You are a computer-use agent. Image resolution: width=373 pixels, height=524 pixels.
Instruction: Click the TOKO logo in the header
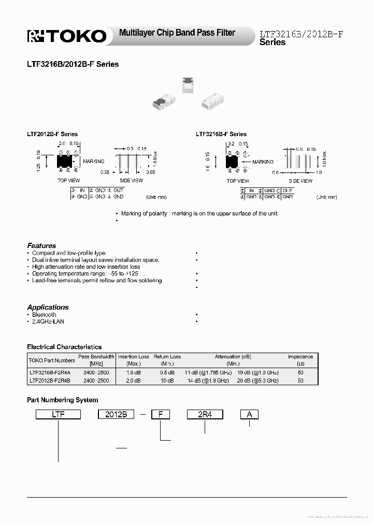[x=67, y=36]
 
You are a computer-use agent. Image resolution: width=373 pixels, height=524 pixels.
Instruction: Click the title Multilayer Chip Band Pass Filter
[x=177, y=33]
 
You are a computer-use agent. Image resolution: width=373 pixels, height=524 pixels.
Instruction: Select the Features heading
[x=41, y=245]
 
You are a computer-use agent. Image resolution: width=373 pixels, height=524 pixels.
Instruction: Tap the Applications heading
[x=48, y=307]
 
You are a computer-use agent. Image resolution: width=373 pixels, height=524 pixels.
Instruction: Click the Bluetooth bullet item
[x=44, y=315]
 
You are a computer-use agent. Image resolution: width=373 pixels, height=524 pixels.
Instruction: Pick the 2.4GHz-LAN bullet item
[x=48, y=322]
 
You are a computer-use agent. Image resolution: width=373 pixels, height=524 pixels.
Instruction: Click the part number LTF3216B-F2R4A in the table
[x=50, y=373]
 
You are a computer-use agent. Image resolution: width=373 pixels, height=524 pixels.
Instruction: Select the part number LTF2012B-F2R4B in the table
[x=50, y=381]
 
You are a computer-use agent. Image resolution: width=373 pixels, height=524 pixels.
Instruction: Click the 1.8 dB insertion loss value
[x=133, y=373]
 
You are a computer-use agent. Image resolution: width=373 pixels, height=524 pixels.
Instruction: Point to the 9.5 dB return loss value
[x=167, y=373]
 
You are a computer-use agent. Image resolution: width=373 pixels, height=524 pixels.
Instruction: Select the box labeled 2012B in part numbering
[x=116, y=414]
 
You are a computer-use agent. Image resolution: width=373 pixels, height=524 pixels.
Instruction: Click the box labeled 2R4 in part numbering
[x=205, y=414]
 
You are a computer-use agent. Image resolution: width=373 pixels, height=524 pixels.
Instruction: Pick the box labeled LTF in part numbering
[x=58, y=414]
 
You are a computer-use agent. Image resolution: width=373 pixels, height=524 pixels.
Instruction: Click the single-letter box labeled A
[x=249, y=414]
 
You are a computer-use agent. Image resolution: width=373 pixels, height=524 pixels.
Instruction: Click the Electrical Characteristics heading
[x=64, y=347]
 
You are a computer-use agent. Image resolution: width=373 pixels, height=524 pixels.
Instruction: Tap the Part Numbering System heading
[x=62, y=400]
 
